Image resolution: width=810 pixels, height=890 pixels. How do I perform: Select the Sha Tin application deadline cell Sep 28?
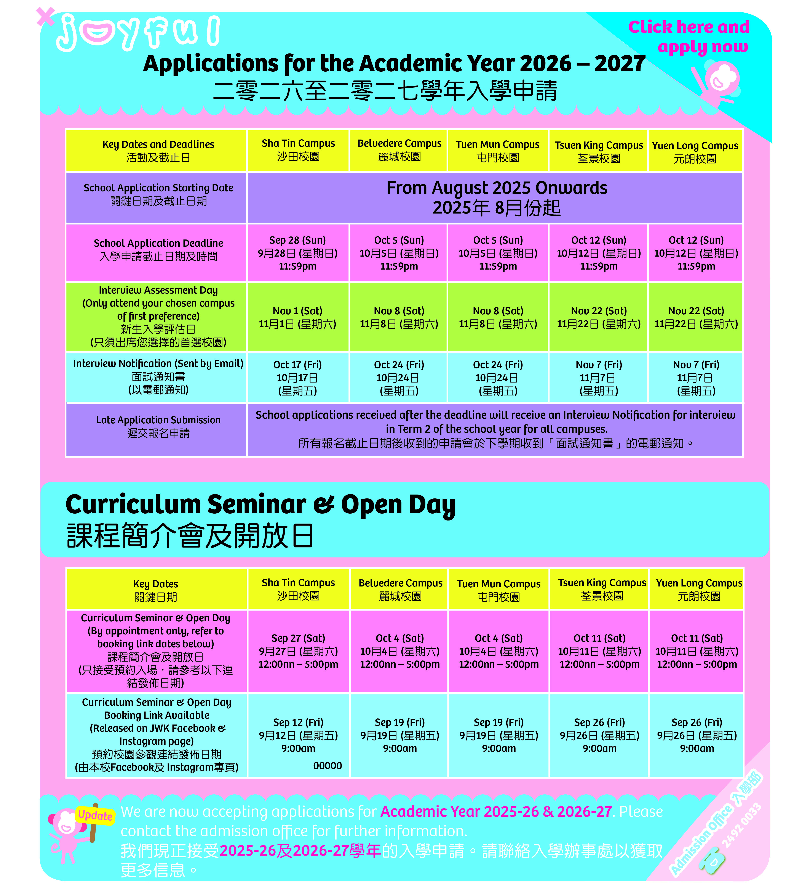click(298, 253)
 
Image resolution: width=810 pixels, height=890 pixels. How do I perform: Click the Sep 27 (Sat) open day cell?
click(298, 651)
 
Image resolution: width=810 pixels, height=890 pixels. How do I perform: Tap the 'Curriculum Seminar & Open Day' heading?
click(260, 504)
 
